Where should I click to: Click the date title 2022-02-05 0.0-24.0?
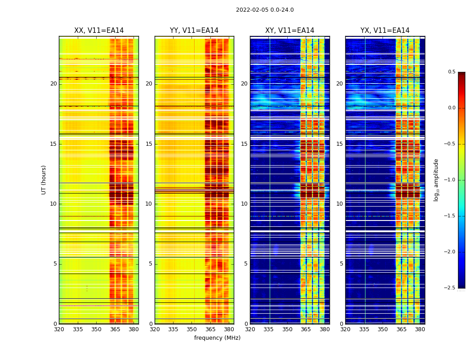click(x=265, y=10)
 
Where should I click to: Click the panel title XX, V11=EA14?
click(x=99, y=31)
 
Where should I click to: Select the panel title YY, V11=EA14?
click(x=194, y=31)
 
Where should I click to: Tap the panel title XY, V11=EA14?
click(x=289, y=31)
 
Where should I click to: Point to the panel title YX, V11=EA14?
click(x=385, y=31)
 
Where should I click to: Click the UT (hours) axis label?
click(x=44, y=180)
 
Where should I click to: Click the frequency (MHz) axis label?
click(x=217, y=338)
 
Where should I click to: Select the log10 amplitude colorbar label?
click(x=436, y=180)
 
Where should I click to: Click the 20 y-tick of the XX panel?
click(x=53, y=84)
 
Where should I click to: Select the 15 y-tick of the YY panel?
click(x=149, y=144)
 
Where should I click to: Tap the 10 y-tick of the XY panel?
click(x=244, y=204)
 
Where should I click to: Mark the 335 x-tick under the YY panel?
click(x=173, y=329)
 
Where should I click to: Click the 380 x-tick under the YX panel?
click(x=420, y=329)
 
